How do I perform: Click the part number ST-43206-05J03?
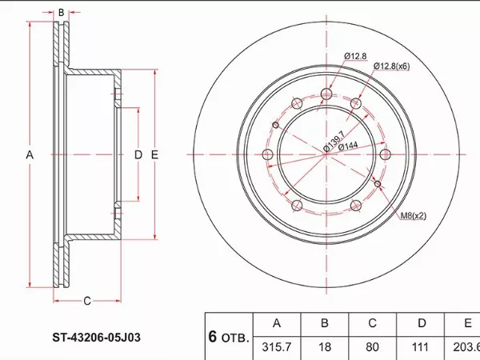pos(97,338)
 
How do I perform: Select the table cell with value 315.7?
pos(277,347)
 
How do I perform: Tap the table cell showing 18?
pos(325,347)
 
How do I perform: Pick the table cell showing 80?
pos(372,347)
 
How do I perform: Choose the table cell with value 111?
pos(420,347)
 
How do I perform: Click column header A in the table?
pos(277,323)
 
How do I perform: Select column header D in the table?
pos(422,323)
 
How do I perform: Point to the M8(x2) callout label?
pos(414,216)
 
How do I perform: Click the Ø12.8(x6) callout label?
pos(391,66)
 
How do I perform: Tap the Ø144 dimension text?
pos(348,146)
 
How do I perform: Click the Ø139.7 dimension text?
pos(334,142)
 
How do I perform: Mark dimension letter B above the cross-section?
pos(62,13)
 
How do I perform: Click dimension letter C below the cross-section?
pos(87,301)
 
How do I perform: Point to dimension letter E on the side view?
pos(154,155)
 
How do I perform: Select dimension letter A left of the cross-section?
pos(30,155)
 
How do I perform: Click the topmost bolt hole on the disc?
pos(326,94)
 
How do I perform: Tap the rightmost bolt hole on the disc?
pos(385,154)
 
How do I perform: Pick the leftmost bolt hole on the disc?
pos(268,154)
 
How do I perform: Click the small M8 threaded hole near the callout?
pos(378,184)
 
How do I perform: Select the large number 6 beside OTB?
pos(213,337)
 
